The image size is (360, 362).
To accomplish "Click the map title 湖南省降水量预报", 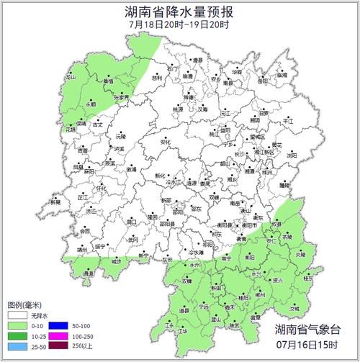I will coord(180,12).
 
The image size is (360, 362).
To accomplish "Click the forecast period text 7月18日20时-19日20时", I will coord(180,25).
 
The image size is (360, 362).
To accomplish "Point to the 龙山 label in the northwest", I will coord(71,76).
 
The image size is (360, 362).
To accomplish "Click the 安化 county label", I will coord(166,142).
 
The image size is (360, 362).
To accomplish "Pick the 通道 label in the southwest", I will coord(88,273).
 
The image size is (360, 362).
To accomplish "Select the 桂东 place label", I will coord(308,277).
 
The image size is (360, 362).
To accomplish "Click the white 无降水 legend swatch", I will coord(17,315).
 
